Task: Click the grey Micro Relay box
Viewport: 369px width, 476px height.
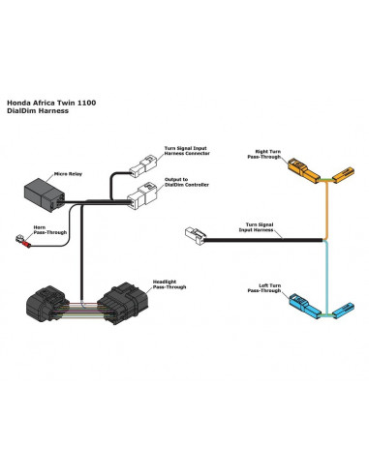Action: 45,194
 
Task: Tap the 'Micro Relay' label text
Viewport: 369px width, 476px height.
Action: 68,174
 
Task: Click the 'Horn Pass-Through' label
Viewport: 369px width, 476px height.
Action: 50,230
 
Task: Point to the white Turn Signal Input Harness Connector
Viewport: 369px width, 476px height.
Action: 143,165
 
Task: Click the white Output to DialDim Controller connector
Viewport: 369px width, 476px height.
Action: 142,195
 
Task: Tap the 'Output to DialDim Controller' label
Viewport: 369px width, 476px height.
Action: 187,182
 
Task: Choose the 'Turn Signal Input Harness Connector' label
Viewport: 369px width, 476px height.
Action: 187,151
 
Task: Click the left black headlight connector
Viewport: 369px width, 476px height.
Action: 47,304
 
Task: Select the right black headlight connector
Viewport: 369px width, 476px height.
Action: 123,303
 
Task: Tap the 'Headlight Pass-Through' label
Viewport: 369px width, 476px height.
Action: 169,284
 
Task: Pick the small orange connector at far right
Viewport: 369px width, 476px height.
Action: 343,174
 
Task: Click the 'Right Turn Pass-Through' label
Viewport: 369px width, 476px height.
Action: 264,154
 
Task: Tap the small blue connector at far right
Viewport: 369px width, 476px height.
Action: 343,310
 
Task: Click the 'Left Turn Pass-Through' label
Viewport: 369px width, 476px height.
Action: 264,288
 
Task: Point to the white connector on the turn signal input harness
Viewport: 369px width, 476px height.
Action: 196,236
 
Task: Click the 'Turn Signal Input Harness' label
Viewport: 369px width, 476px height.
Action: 256,227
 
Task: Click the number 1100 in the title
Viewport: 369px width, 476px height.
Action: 86,103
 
